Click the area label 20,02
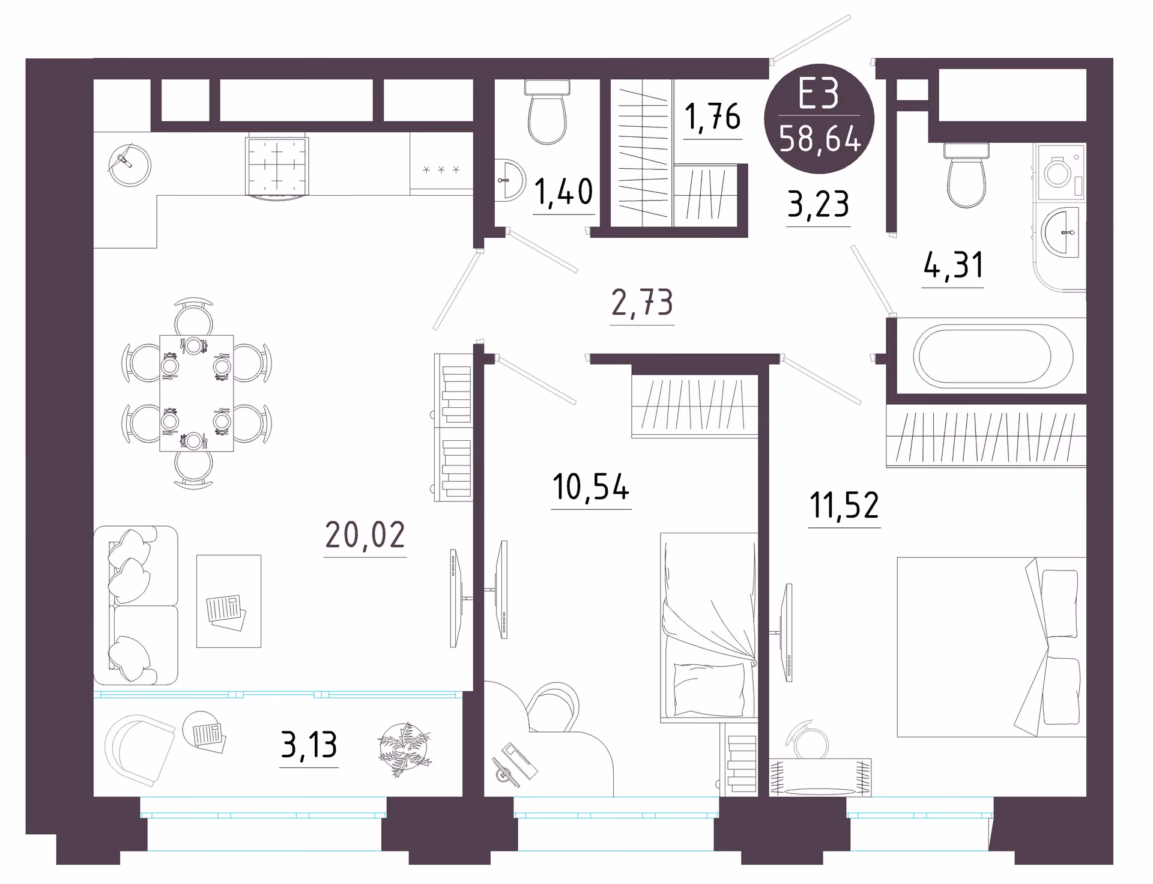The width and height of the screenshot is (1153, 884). click(365, 534)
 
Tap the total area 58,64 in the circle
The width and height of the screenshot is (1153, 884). click(820, 139)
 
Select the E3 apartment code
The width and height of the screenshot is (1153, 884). click(818, 94)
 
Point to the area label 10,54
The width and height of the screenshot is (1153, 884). click(591, 486)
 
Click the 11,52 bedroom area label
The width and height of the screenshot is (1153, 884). click(844, 505)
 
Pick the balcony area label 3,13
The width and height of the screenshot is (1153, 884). click(309, 745)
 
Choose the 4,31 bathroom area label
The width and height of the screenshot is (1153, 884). click(954, 265)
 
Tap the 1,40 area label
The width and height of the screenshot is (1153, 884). click(563, 192)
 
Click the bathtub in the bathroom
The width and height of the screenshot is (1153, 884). click(993, 356)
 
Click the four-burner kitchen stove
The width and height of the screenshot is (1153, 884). click(277, 166)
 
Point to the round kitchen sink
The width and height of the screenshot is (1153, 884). click(130, 165)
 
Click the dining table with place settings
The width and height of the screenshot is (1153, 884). click(196, 393)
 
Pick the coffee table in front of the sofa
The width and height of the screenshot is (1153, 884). click(229, 601)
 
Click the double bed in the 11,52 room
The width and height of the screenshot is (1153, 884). click(991, 647)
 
